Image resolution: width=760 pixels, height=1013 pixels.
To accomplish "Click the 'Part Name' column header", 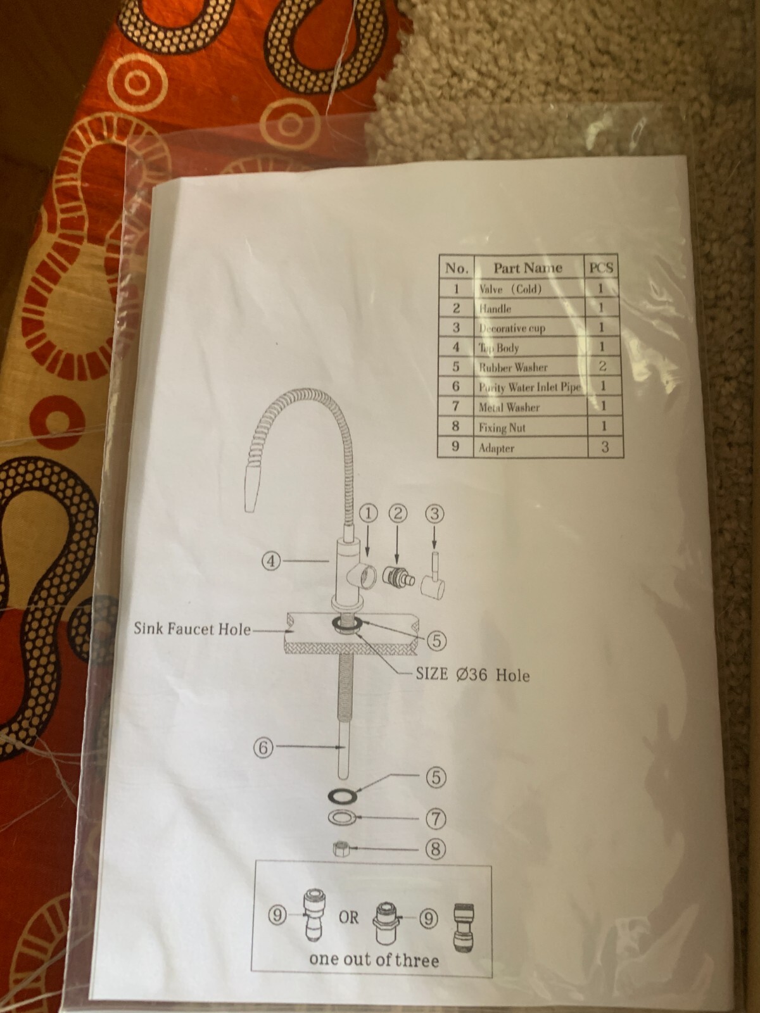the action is click(528, 268).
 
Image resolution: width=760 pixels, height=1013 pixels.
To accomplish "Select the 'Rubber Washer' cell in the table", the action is click(513, 367).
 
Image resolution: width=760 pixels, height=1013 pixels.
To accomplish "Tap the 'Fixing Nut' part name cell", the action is click(502, 428).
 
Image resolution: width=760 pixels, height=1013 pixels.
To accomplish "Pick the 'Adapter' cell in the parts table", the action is click(497, 448).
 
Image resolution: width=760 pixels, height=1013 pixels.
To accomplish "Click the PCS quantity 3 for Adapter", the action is click(605, 447).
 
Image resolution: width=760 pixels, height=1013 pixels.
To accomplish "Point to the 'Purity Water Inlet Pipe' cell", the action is click(529, 387).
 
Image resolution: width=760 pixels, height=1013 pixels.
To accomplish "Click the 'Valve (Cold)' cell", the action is click(510, 289).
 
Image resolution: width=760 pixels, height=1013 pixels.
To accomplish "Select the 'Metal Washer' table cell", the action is click(509, 407).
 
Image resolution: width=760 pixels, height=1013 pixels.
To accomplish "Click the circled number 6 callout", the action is click(263, 748).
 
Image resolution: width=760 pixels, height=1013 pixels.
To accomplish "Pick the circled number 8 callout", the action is click(435, 849).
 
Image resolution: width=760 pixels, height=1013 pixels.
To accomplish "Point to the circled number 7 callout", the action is click(435, 819).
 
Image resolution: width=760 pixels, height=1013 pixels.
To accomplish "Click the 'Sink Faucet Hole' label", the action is click(192, 629).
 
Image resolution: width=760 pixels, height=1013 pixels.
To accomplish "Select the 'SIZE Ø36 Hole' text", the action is click(472, 675).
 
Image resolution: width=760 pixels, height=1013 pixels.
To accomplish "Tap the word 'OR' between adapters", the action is click(348, 917).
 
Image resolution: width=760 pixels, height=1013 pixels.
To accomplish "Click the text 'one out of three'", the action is click(374, 960).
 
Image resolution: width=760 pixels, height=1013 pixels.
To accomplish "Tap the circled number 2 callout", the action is click(398, 513).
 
